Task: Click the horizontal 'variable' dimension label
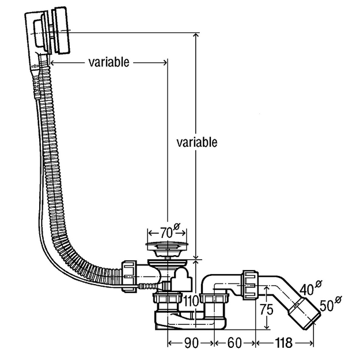[x=109, y=62]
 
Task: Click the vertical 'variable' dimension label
[x=197, y=142]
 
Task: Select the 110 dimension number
[x=191, y=301]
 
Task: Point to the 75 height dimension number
[x=267, y=309]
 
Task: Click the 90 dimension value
[x=191, y=343]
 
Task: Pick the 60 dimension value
[x=234, y=343]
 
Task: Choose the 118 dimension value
[x=284, y=343]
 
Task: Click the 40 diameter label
[x=310, y=288]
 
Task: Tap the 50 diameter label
[x=331, y=304]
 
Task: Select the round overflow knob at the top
[x=60, y=31]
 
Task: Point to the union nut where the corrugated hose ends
[x=129, y=276]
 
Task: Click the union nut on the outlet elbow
[x=250, y=285]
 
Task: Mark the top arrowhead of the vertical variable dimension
[x=196, y=36]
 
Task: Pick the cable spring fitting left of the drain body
[x=148, y=286]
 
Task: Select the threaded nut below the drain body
[x=167, y=298]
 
